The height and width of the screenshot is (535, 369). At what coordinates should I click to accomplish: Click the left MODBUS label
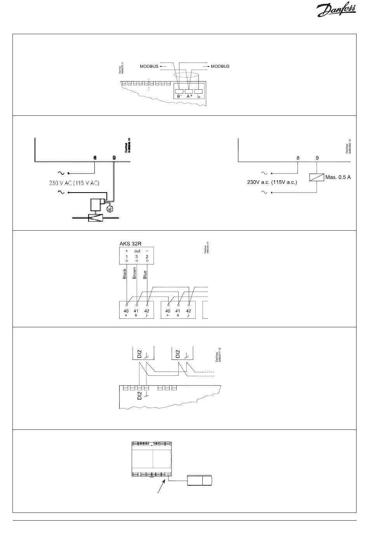[x=149, y=66]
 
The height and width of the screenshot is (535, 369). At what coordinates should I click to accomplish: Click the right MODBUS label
[x=220, y=66]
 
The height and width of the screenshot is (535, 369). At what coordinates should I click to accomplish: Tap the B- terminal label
[x=179, y=96]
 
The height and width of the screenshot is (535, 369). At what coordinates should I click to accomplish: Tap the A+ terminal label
[x=189, y=96]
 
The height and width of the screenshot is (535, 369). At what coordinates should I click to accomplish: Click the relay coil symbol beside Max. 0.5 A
[x=317, y=177]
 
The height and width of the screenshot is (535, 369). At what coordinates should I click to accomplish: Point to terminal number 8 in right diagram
[x=298, y=158]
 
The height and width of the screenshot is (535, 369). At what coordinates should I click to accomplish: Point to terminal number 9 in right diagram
[x=317, y=158]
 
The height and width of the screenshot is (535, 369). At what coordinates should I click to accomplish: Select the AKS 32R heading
[x=130, y=244]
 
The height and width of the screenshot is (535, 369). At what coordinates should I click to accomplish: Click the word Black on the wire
[x=125, y=274]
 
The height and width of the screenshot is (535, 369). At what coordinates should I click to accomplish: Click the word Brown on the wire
[x=134, y=273]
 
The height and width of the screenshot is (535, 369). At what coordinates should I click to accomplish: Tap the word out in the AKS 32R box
[x=137, y=251]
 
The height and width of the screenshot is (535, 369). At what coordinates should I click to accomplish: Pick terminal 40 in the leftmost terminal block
[x=126, y=311]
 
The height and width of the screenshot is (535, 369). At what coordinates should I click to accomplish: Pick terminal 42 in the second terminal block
[x=188, y=311]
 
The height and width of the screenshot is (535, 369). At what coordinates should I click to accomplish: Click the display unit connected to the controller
[x=200, y=481]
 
